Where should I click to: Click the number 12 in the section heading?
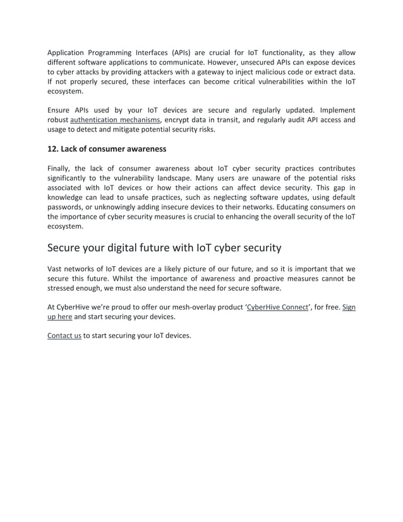(x=53, y=149)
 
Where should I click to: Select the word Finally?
(x=61, y=169)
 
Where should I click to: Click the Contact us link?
(x=64, y=336)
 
